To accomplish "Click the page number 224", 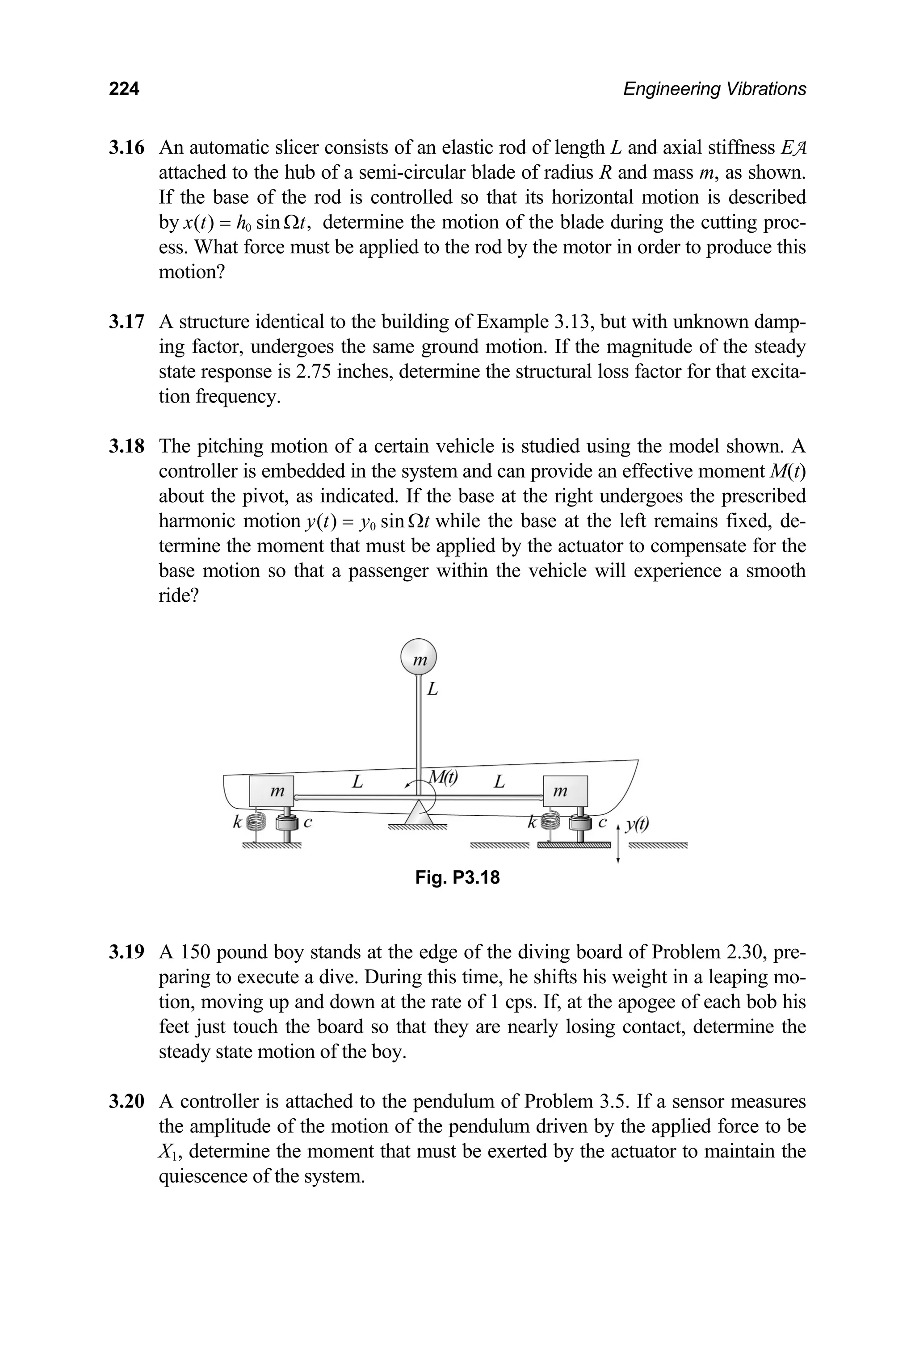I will [124, 89].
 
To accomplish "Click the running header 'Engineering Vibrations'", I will [714, 89].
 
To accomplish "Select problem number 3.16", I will [126, 147].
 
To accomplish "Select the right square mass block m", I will [564, 791].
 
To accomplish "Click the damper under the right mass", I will [581, 824].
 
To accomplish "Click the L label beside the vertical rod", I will [432, 689].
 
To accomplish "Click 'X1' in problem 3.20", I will [170, 1152].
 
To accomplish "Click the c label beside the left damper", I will [308, 823].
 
